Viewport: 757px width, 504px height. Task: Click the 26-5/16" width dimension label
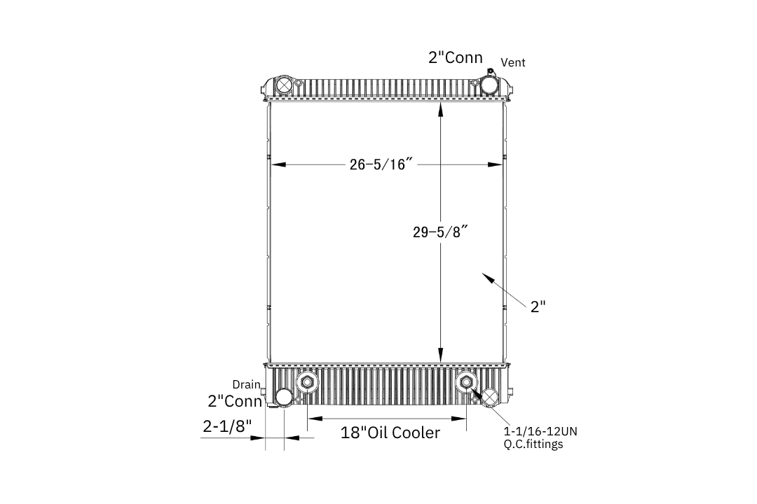pyautogui.click(x=381, y=164)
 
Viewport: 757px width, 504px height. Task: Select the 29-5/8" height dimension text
pyautogui.click(x=440, y=232)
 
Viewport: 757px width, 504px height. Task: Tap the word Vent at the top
pyautogui.click(x=512, y=62)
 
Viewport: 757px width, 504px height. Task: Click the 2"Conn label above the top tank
pyautogui.click(x=456, y=57)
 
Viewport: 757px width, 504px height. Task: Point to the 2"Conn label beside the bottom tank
pyautogui.click(x=235, y=401)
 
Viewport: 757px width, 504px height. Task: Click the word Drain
pyautogui.click(x=246, y=384)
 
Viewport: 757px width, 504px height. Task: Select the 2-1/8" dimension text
pyautogui.click(x=227, y=426)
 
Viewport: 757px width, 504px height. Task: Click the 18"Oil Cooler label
pyautogui.click(x=390, y=433)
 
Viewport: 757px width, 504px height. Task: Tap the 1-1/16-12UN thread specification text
pyautogui.click(x=540, y=431)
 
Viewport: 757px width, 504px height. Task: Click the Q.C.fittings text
pyautogui.click(x=533, y=444)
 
